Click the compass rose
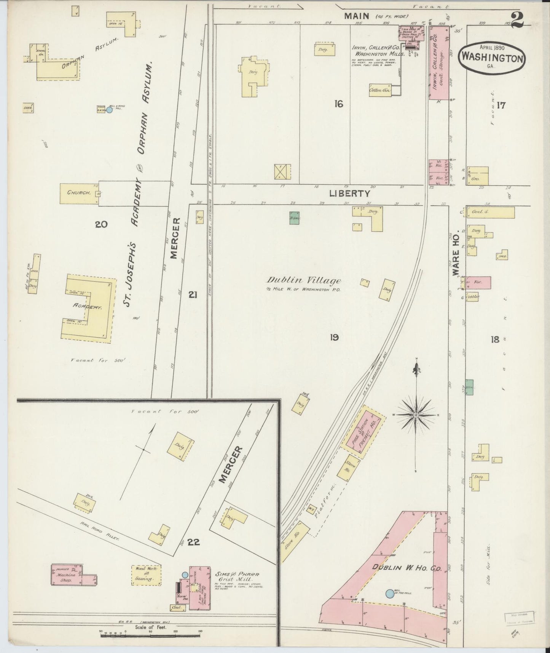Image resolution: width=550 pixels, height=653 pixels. [x=416, y=415]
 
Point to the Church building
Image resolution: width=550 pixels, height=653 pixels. [x=79, y=193]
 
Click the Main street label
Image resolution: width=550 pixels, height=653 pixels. [x=357, y=16]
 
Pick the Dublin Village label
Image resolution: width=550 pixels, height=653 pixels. [x=303, y=281]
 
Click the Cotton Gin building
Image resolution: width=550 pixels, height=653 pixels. [x=380, y=90]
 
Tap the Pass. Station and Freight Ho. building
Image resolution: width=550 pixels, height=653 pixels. [x=363, y=430]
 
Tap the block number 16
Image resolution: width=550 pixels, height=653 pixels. [x=338, y=103]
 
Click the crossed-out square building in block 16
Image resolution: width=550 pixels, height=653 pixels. [x=282, y=171]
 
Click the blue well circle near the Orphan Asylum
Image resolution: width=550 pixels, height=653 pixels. [x=109, y=110]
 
